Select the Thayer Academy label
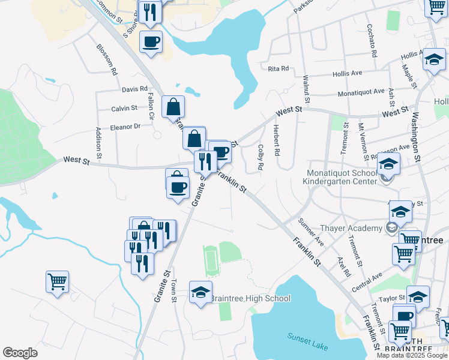[x=352, y=228]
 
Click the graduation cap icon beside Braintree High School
[x=201, y=292]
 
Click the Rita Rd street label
[x=279, y=68]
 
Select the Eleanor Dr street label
[x=125, y=127]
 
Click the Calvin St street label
[x=124, y=109]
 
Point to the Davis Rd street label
[x=134, y=89]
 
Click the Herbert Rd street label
[x=276, y=141]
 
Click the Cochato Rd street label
[x=372, y=40]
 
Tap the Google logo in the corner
[x=20, y=353]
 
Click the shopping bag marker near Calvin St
[x=173, y=107]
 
